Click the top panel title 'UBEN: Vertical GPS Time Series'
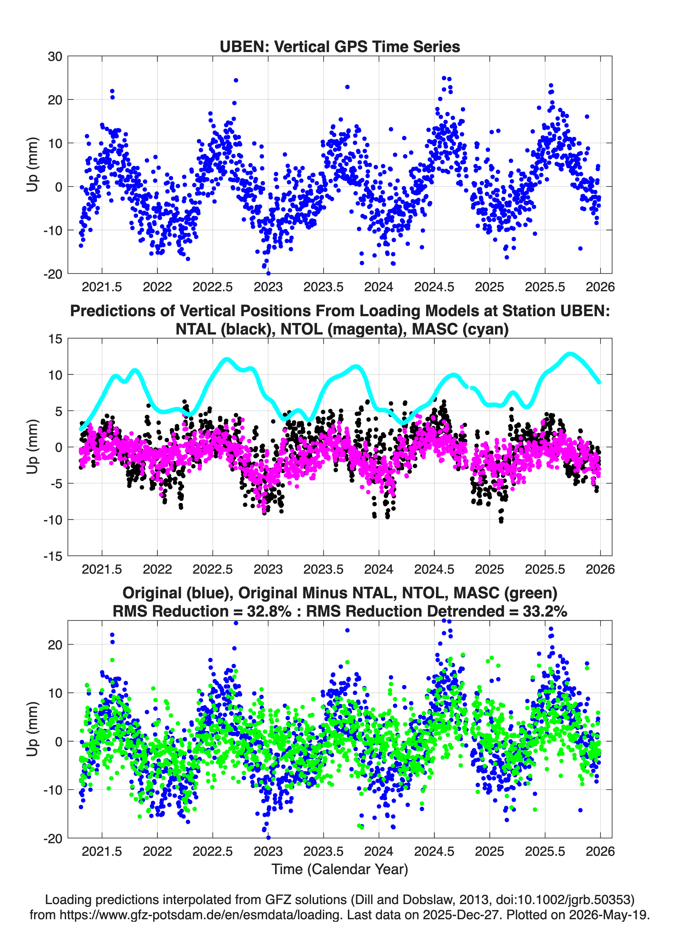(x=340, y=46)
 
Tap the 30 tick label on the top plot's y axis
(x=55, y=56)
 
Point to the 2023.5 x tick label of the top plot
(x=323, y=287)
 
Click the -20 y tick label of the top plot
(x=53, y=274)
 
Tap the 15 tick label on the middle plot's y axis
(x=55, y=339)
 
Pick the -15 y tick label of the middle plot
(x=53, y=556)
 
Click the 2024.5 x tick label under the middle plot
(x=434, y=569)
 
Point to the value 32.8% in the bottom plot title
(x=269, y=611)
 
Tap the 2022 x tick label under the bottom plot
(x=157, y=851)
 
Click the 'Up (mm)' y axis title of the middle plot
(x=33, y=447)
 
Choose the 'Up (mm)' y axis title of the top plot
(x=33, y=165)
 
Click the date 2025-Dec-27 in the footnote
(x=461, y=914)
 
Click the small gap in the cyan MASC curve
(x=469, y=387)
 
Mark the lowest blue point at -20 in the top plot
(x=268, y=273)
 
